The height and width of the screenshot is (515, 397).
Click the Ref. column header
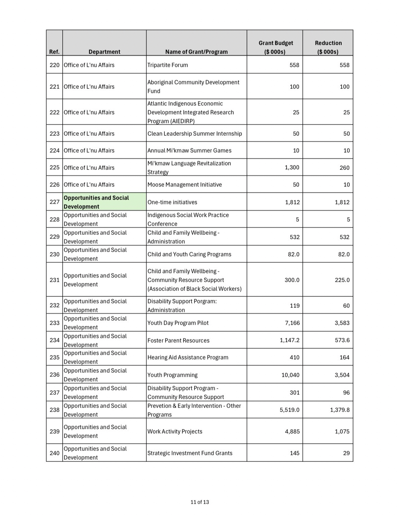pos(54,52)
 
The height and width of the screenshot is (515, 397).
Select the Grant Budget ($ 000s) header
pos(276,47)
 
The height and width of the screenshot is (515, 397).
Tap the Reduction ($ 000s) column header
pos(328,47)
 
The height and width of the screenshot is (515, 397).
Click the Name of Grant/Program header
pos(196,52)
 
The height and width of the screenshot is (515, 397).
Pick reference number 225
pos(54,168)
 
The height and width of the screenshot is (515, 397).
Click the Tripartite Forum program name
pos(168,65)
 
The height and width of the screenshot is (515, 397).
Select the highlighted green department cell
pos(104,202)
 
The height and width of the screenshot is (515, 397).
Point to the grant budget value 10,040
pos(290,375)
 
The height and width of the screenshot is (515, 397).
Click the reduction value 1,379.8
pos(340,410)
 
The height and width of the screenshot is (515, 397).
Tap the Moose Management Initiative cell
pos(185,185)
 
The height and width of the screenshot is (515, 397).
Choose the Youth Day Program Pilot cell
pos(178,323)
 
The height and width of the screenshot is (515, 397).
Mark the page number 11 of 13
pos(200,502)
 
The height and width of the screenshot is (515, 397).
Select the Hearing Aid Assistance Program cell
pos(188,357)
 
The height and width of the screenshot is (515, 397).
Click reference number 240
pos(54,453)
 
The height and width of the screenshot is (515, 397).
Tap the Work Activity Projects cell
pos(175,431)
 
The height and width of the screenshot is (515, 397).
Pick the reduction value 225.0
pos(342,280)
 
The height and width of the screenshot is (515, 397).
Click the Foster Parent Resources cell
pos(178,340)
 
